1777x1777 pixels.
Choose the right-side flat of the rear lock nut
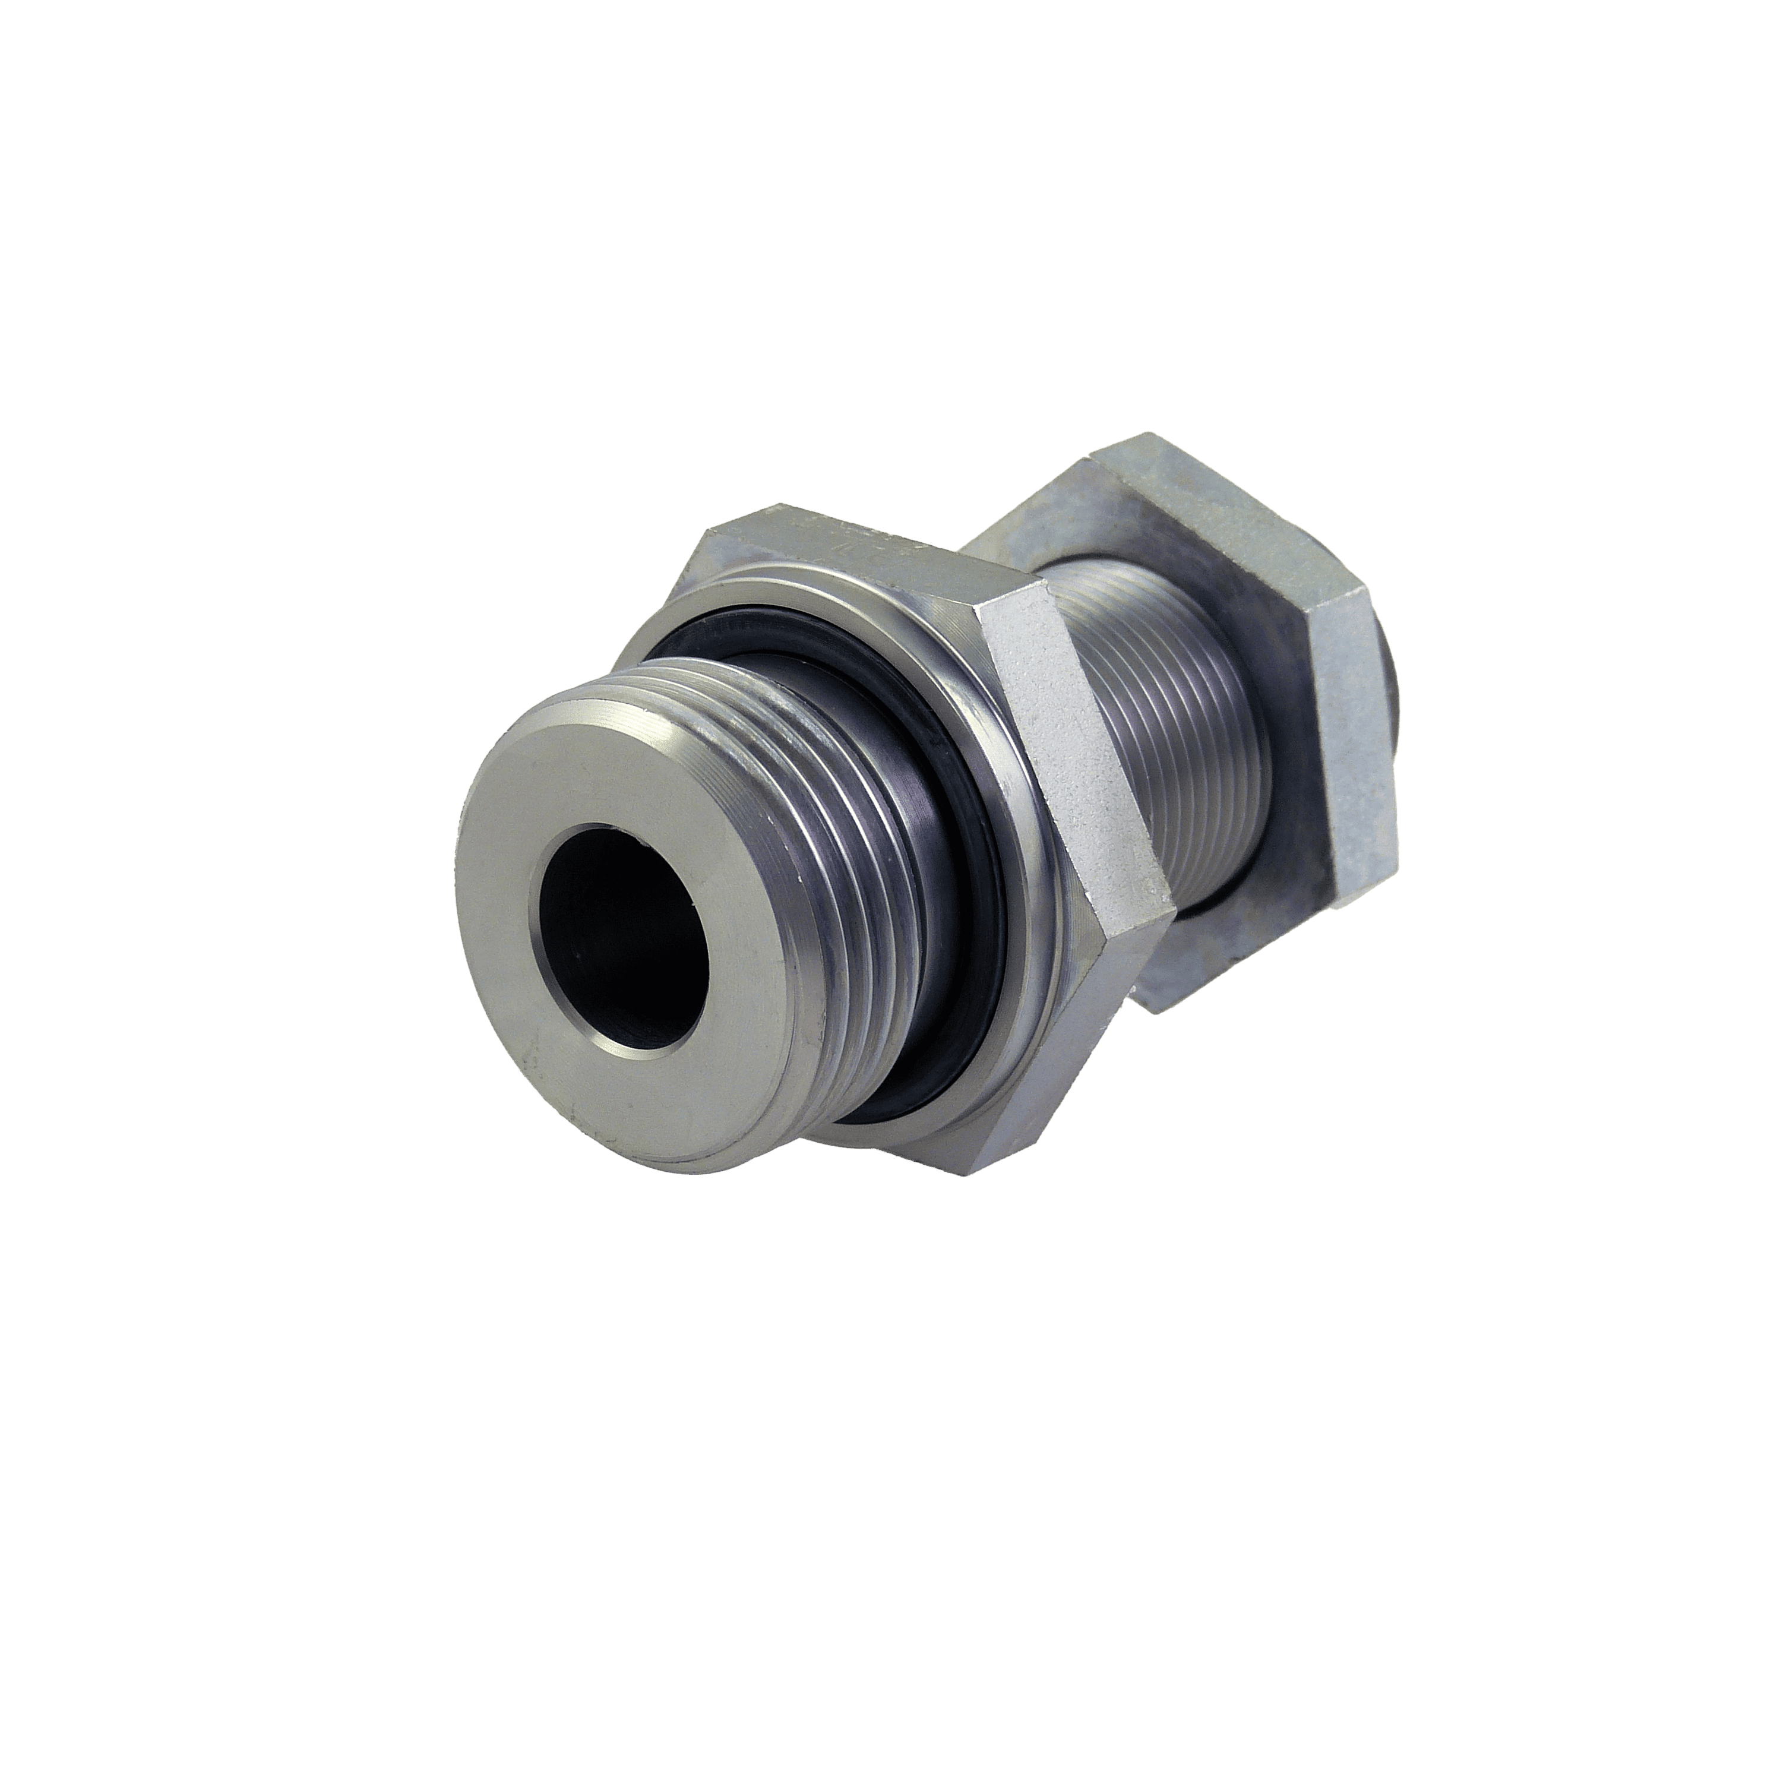(1352, 736)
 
